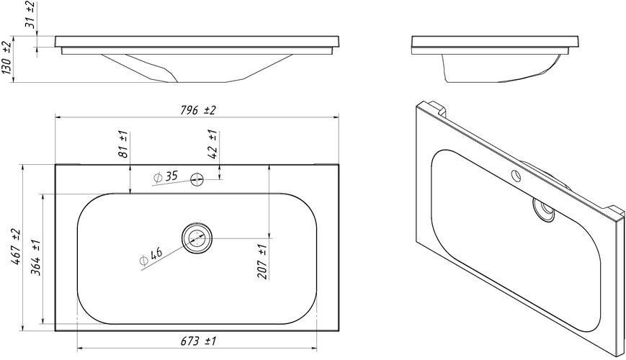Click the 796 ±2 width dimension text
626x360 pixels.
(x=197, y=110)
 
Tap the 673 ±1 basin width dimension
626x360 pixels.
(x=198, y=341)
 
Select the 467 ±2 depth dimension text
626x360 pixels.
(x=16, y=247)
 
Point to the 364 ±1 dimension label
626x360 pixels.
(x=36, y=258)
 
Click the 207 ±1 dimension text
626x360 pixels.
(x=262, y=261)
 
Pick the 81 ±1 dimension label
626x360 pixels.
(x=123, y=144)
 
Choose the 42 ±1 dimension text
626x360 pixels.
(x=213, y=144)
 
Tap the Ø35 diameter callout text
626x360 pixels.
(x=165, y=176)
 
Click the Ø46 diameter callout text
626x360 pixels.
(x=151, y=256)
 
